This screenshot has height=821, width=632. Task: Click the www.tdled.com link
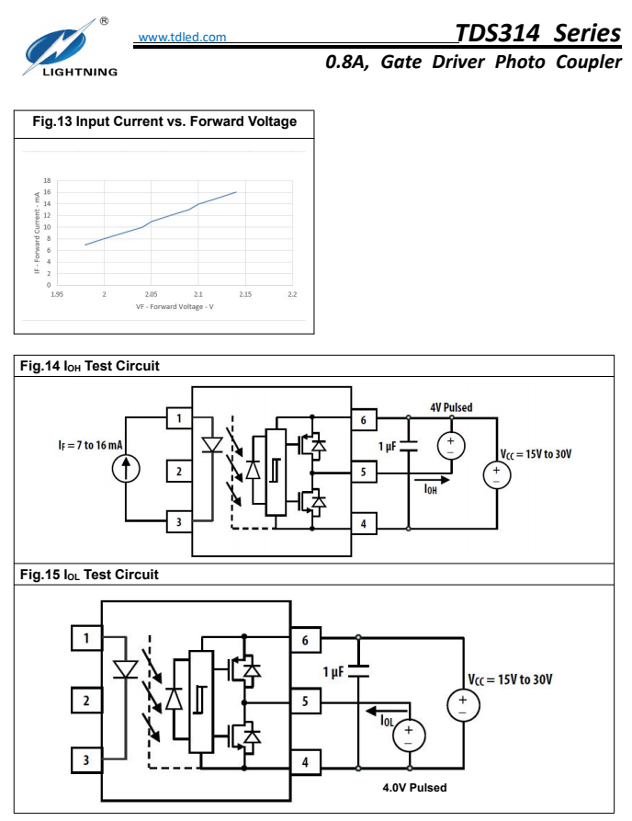pyautogui.click(x=181, y=38)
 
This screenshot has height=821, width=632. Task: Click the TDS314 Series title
pyautogui.click(x=537, y=33)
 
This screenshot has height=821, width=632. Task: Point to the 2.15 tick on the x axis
pyautogui.click(x=245, y=294)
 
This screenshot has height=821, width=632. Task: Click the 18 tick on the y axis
pyautogui.click(x=47, y=180)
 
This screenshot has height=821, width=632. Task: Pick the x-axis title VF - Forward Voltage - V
pyautogui.click(x=174, y=306)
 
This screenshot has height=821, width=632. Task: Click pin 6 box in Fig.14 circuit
pyautogui.click(x=363, y=420)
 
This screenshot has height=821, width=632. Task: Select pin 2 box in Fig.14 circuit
pyautogui.click(x=179, y=472)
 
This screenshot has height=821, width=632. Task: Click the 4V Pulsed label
pyautogui.click(x=451, y=407)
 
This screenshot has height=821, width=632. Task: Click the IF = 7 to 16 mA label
pyautogui.click(x=90, y=445)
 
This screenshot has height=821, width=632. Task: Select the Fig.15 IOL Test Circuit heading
pyautogui.click(x=89, y=575)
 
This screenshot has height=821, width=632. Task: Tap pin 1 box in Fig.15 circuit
pyautogui.click(x=86, y=638)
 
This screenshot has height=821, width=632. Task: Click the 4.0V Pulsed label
pyautogui.click(x=414, y=788)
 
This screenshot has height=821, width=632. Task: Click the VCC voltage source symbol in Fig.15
pyautogui.click(x=461, y=704)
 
